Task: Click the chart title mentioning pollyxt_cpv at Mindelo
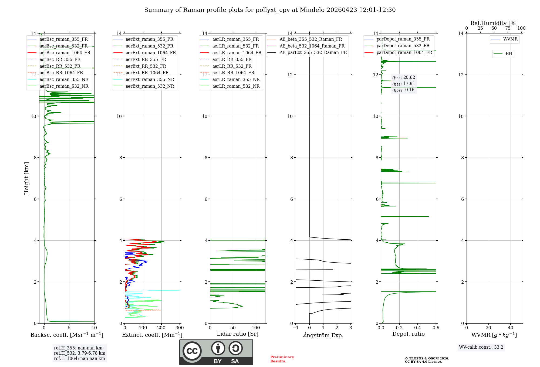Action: tap(270, 10)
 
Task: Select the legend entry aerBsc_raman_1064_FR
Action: tap(65, 53)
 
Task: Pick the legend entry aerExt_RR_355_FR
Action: tap(146, 59)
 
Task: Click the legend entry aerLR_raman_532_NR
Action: tap(236, 86)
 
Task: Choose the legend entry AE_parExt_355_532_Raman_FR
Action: tap(313, 52)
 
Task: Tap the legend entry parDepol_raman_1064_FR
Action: tap(404, 52)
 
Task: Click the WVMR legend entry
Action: tap(510, 39)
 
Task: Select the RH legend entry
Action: tap(509, 54)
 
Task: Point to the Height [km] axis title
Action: tap(26, 178)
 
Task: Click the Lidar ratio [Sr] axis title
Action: tap(238, 334)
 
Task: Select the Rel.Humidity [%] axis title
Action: tap(494, 23)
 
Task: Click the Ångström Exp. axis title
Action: tap(323, 335)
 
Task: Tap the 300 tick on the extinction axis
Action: tap(180, 328)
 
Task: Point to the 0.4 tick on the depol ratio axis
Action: tap(418, 328)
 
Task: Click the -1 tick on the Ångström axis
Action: tap(296, 328)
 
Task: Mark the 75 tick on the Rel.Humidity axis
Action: tap(508, 28)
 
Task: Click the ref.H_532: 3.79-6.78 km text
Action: tap(80, 353)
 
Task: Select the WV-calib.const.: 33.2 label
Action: tap(481, 347)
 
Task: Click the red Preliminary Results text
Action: tap(282, 359)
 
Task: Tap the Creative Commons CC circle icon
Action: tap(192, 351)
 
